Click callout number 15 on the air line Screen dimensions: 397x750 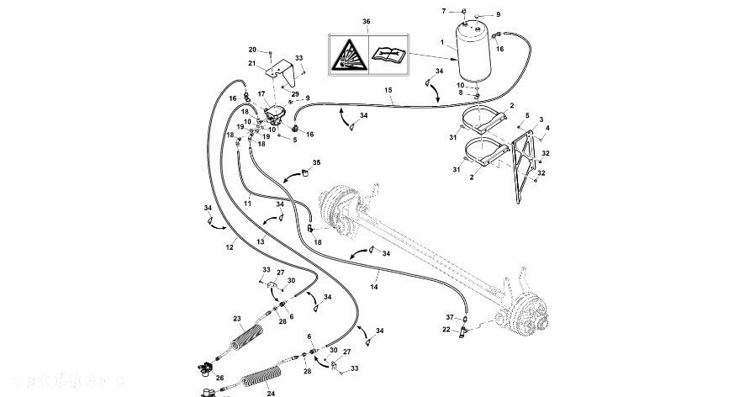click(x=388, y=91)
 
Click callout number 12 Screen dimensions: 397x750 click(x=230, y=247)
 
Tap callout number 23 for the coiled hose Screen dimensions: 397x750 click(x=236, y=318)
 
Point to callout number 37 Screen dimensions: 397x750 click(x=450, y=317)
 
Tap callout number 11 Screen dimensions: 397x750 click(x=247, y=203)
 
